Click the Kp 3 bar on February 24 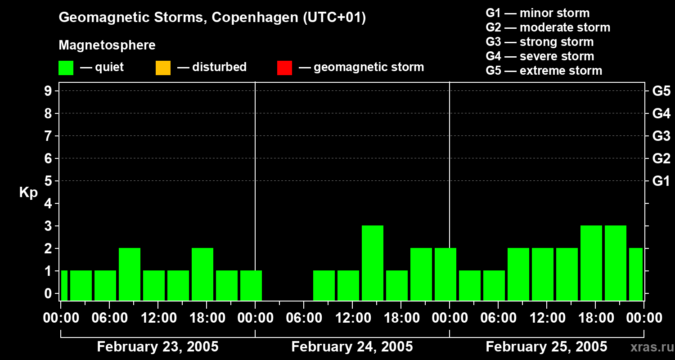click(x=373, y=263)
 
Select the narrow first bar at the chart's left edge click(x=64, y=285)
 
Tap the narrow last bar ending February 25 click(x=636, y=274)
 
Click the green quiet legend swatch click(x=66, y=68)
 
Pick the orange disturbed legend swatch click(x=163, y=68)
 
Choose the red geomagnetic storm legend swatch click(x=284, y=68)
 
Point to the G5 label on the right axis click(x=661, y=91)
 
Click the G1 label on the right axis click(x=661, y=181)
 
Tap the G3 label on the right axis click(x=661, y=136)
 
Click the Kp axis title click(x=28, y=193)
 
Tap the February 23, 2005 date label click(x=157, y=347)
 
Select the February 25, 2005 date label click(x=546, y=347)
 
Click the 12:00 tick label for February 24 click(x=352, y=318)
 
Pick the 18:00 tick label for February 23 click(x=206, y=318)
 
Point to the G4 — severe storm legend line click(x=540, y=56)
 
